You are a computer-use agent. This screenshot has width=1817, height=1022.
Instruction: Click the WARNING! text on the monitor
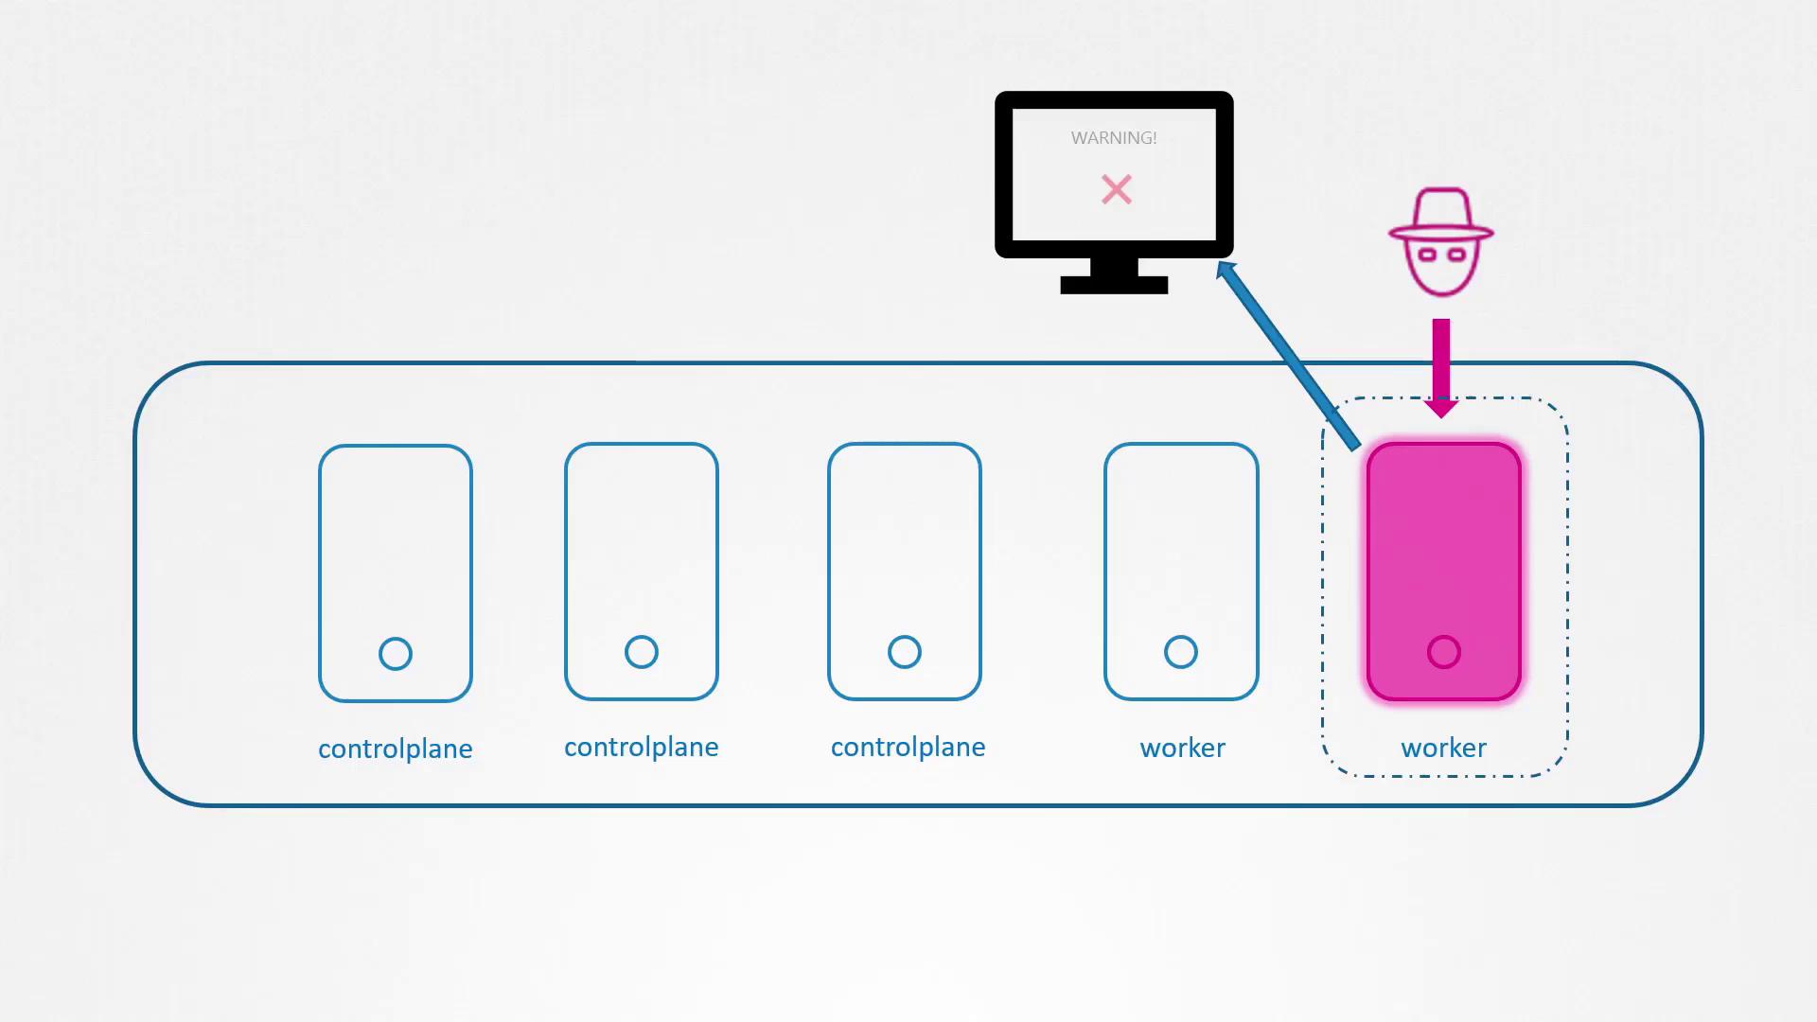[x=1114, y=138]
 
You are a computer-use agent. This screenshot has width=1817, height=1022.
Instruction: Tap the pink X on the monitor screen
[x=1117, y=189]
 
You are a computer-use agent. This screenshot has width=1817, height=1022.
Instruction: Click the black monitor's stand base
[x=1114, y=285]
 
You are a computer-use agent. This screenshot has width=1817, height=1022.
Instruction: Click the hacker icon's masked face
[x=1441, y=266]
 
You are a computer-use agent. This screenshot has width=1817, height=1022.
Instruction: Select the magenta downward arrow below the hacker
[x=1441, y=368]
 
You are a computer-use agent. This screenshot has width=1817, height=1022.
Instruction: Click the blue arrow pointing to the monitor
[x=1288, y=355]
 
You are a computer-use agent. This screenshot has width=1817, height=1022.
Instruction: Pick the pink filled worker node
[x=1444, y=572]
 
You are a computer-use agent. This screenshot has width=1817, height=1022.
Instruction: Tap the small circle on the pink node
[x=1444, y=652]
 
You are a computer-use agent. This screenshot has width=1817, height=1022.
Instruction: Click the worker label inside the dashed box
[x=1443, y=748]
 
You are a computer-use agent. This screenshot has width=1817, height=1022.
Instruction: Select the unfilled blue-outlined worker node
[x=1181, y=572]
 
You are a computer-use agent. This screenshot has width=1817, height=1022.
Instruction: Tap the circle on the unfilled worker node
[x=1181, y=652]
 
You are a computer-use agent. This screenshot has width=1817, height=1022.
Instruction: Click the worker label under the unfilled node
[x=1182, y=748]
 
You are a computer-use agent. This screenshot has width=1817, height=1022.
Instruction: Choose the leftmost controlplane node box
[x=396, y=573]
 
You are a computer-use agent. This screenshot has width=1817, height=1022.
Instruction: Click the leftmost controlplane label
[x=396, y=749]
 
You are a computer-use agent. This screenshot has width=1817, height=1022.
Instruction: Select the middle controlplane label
[x=642, y=748]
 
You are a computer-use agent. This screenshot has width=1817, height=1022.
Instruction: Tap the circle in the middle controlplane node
[x=642, y=652]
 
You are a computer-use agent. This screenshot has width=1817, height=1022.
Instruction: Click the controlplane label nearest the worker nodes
[x=908, y=748]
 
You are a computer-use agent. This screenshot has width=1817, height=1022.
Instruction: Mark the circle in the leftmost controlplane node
[x=396, y=654]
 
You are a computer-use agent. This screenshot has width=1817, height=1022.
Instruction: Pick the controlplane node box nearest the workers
[x=905, y=572]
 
